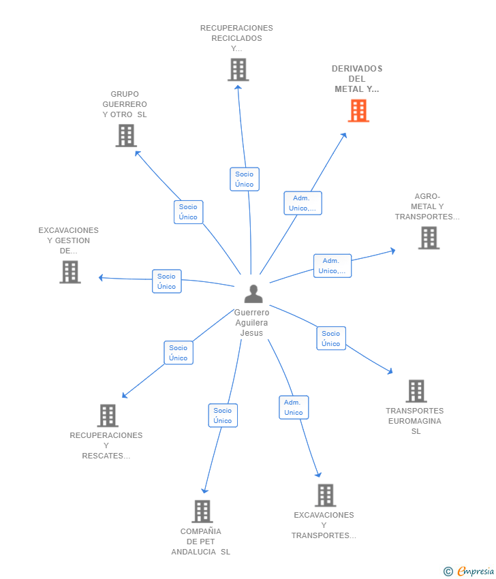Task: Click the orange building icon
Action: click(x=358, y=110)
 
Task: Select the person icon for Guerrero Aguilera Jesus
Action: click(x=253, y=294)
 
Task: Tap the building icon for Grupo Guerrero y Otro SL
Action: click(x=126, y=136)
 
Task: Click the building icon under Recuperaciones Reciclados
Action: click(x=238, y=69)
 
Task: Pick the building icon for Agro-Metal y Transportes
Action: click(x=429, y=238)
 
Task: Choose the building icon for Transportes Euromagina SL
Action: click(x=416, y=391)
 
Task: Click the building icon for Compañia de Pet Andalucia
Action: click(x=202, y=511)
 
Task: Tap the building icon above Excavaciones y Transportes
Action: click(x=326, y=495)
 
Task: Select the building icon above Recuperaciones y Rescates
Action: click(x=108, y=416)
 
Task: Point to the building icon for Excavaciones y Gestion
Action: click(x=70, y=272)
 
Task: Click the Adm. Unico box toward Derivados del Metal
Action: click(x=303, y=203)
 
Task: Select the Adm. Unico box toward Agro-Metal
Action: click(x=332, y=266)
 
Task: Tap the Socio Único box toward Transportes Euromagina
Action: click(x=331, y=339)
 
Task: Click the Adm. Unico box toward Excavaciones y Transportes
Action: click(x=294, y=407)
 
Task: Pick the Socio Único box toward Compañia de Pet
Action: click(x=223, y=416)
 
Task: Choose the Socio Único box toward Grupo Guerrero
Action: click(x=188, y=212)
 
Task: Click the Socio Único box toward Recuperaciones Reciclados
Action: click(x=245, y=179)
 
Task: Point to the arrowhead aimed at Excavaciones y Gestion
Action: click(x=101, y=278)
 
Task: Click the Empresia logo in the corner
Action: click(x=469, y=572)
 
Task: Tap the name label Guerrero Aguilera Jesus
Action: click(x=252, y=322)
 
